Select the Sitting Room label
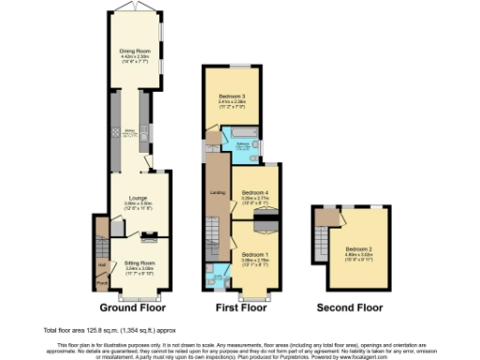tap(138, 264)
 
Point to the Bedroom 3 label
tap(232, 97)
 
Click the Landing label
tap(215, 194)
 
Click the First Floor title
tap(240, 307)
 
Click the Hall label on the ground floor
tap(101, 264)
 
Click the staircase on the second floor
tap(327, 217)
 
